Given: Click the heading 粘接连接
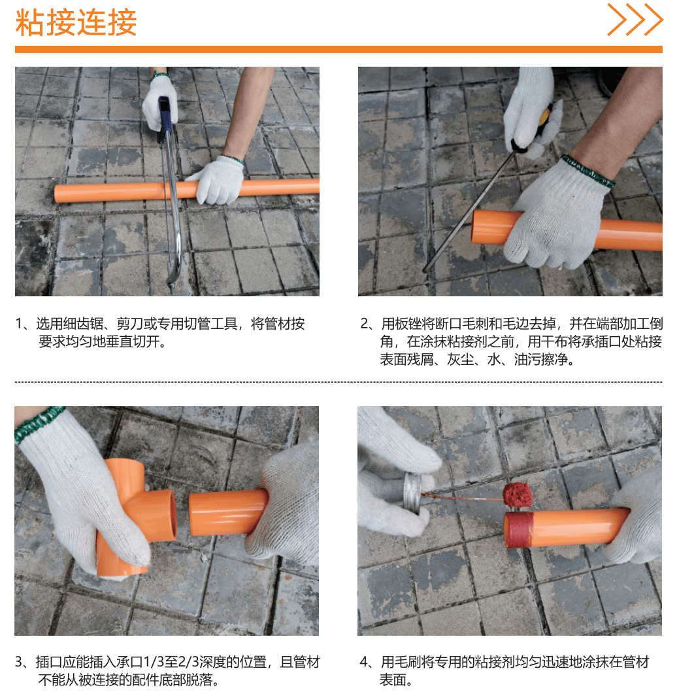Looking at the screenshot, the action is point(76,23).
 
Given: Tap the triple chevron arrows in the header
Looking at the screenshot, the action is point(635,20).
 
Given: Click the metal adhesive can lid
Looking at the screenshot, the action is point(413,493).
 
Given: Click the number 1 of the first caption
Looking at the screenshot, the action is point(18,324).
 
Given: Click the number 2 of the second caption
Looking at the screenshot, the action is point(364,324).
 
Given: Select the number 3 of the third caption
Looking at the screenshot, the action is point(19,662).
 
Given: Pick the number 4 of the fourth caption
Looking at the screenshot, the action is point(364,662).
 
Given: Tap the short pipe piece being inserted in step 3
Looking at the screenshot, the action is point(227,513).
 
